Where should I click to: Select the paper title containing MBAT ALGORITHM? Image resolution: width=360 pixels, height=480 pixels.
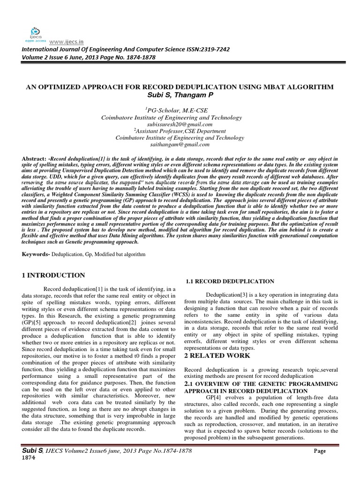[180, 88]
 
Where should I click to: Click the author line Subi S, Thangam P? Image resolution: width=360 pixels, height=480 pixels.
[180, 96]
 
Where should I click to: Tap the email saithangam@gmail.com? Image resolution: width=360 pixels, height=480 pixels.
[180, 145]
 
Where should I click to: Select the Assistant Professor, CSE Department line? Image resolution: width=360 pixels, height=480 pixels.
[180, 132]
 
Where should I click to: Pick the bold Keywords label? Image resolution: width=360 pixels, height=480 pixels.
[38, 254]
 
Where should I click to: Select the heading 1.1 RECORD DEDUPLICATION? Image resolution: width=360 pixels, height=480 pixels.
[230, 281]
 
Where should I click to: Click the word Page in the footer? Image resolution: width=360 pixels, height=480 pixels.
[320, 451]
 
